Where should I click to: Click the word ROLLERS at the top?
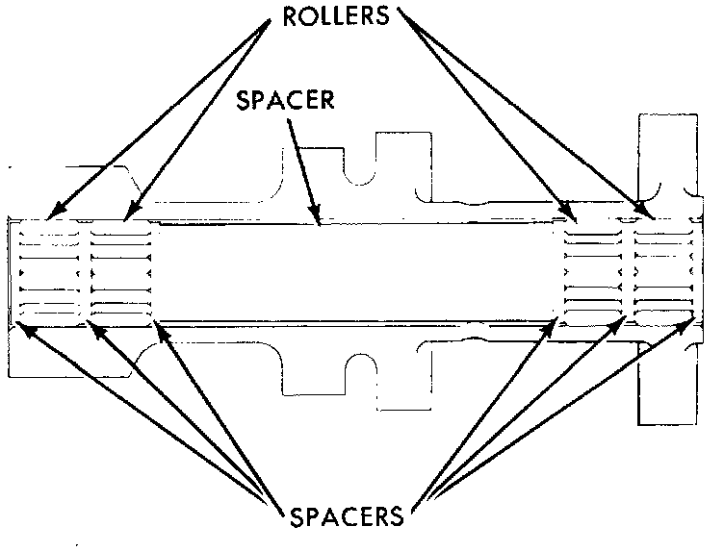[335, 17]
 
